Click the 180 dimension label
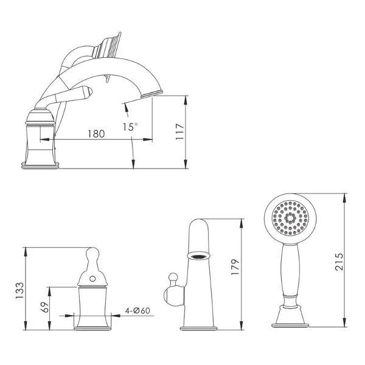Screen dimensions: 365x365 pyautogui.click(x=96, y=134)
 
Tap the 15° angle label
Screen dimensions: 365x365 pyautogui.click(x=130, y=127)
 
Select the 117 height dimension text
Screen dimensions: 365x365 pyautogui.click(x=179, y=132)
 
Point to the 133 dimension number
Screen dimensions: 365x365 pyautogui.click(x=19, y=291)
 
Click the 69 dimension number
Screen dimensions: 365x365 pyautogui.click(x=44, y=307)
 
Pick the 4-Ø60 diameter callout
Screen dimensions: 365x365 pyautogui.click(x=137, y=310)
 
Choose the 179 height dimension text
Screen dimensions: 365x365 pyautogui.click(x=235, y=267)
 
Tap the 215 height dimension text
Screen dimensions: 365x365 pyautogui.click(x=339, y=262)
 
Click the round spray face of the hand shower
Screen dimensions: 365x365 pyautogui.click(x=290, y=218)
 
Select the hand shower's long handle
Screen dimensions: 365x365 pyautogui.click(x=290, y=269)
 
